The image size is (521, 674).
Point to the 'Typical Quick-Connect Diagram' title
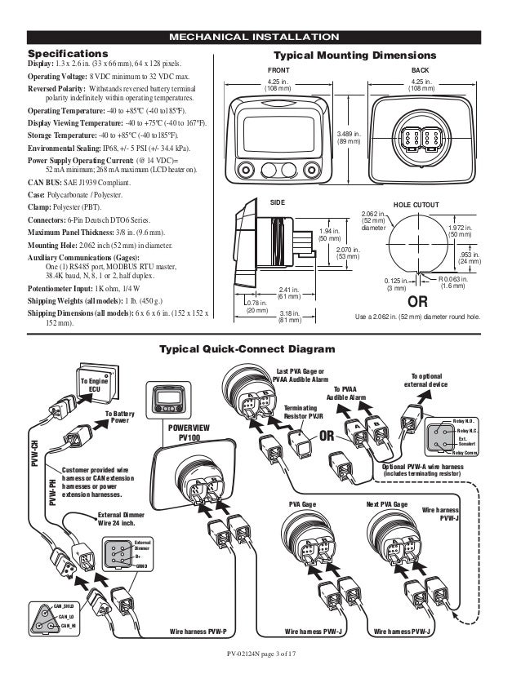[260, 349]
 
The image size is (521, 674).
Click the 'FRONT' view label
[279, 72]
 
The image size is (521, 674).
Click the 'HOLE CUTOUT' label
[416, 204]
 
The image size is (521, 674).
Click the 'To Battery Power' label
[120, 418]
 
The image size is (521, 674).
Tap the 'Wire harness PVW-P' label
[198, 632]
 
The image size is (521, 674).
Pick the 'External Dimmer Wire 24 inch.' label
[121, 520]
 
